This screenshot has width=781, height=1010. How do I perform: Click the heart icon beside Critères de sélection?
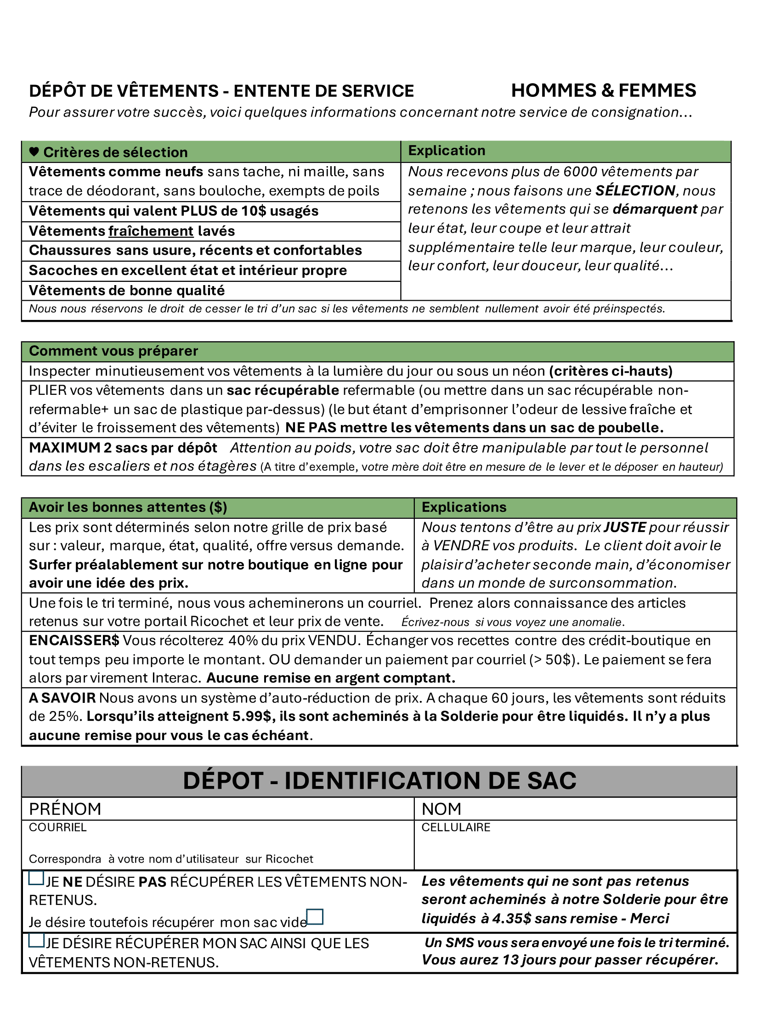tap(34, 151)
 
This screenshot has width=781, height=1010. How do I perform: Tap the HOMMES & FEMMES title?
tap(603, 90)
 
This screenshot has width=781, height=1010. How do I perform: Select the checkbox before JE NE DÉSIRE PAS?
tap(36, 878)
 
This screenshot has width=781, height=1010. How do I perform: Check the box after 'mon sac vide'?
tap(315, 917)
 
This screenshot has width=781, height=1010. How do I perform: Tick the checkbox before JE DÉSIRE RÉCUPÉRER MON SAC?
tap(36, 940)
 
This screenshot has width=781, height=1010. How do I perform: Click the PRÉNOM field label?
tap(65, 809)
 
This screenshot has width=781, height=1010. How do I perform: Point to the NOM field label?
tap(441, 809)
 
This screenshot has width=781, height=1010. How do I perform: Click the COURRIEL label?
tap(58, 827)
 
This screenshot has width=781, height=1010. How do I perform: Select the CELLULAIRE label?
tap(456, 827)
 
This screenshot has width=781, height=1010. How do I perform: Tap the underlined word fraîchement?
tap(151, 231)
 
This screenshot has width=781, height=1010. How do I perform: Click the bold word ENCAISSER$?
tap(74, 640)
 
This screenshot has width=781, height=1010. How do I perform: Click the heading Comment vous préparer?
tap(113, 351)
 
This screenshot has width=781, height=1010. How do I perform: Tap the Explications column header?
tap(464, 507)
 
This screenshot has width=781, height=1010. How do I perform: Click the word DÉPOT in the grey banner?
tap(223, 781)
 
